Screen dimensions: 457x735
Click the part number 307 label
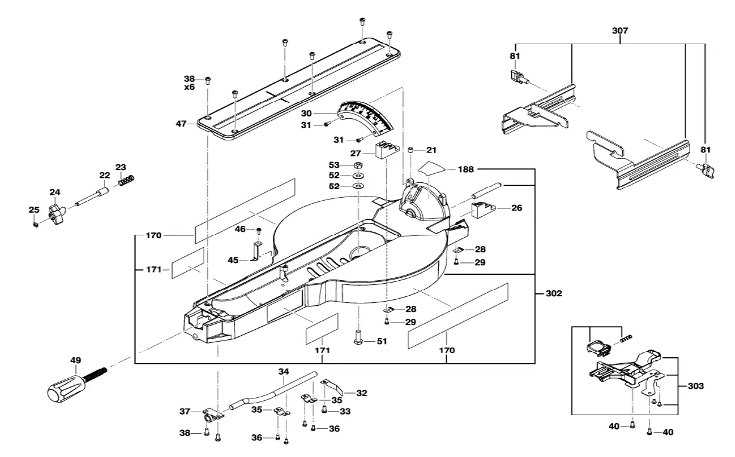(620, 30)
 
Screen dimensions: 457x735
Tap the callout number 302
(553, 294)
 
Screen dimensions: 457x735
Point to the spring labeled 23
(126, 179)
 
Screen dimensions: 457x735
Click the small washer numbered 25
(36, 224)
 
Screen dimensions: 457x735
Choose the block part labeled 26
(483, 208)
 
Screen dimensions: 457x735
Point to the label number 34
(284, 372)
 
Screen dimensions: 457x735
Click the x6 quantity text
(189, 87)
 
